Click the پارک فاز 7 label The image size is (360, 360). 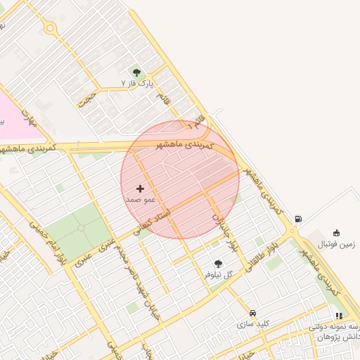pos(136,84)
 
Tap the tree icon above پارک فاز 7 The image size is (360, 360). pos(136,72)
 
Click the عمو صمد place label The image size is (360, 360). pos(139,200)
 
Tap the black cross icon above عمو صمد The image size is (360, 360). pos(140,188)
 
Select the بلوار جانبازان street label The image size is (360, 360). pos(223,233)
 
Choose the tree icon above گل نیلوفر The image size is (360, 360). pos(217,264)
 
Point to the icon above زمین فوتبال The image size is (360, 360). pos(336,233)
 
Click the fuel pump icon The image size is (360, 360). pos(298,219)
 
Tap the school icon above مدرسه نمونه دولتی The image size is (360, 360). pos(339,316)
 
